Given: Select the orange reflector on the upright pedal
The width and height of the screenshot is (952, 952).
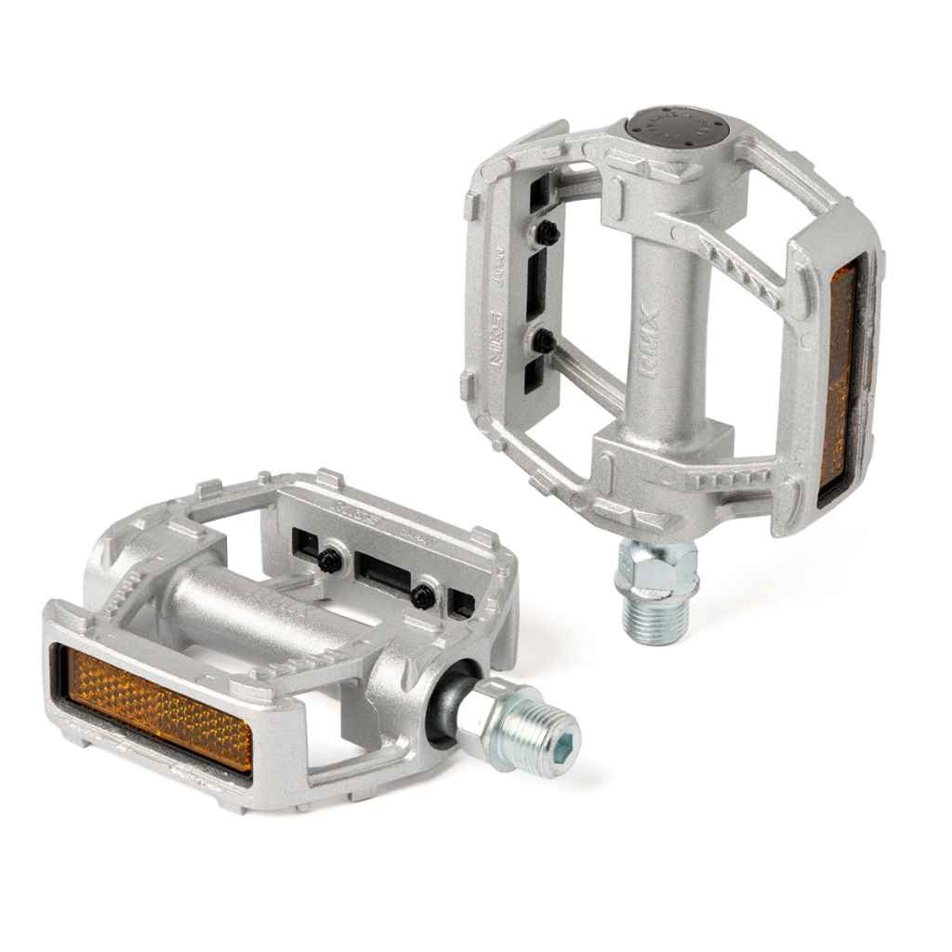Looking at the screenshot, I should coord(841,372).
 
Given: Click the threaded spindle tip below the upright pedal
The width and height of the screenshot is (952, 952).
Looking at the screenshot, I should coord(654,617).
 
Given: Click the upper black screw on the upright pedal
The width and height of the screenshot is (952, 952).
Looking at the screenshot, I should coord(548,233).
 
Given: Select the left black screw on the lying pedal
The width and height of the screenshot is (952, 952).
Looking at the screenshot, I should coord(330,560).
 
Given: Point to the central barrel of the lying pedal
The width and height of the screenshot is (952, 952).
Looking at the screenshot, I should coord(242,604).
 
